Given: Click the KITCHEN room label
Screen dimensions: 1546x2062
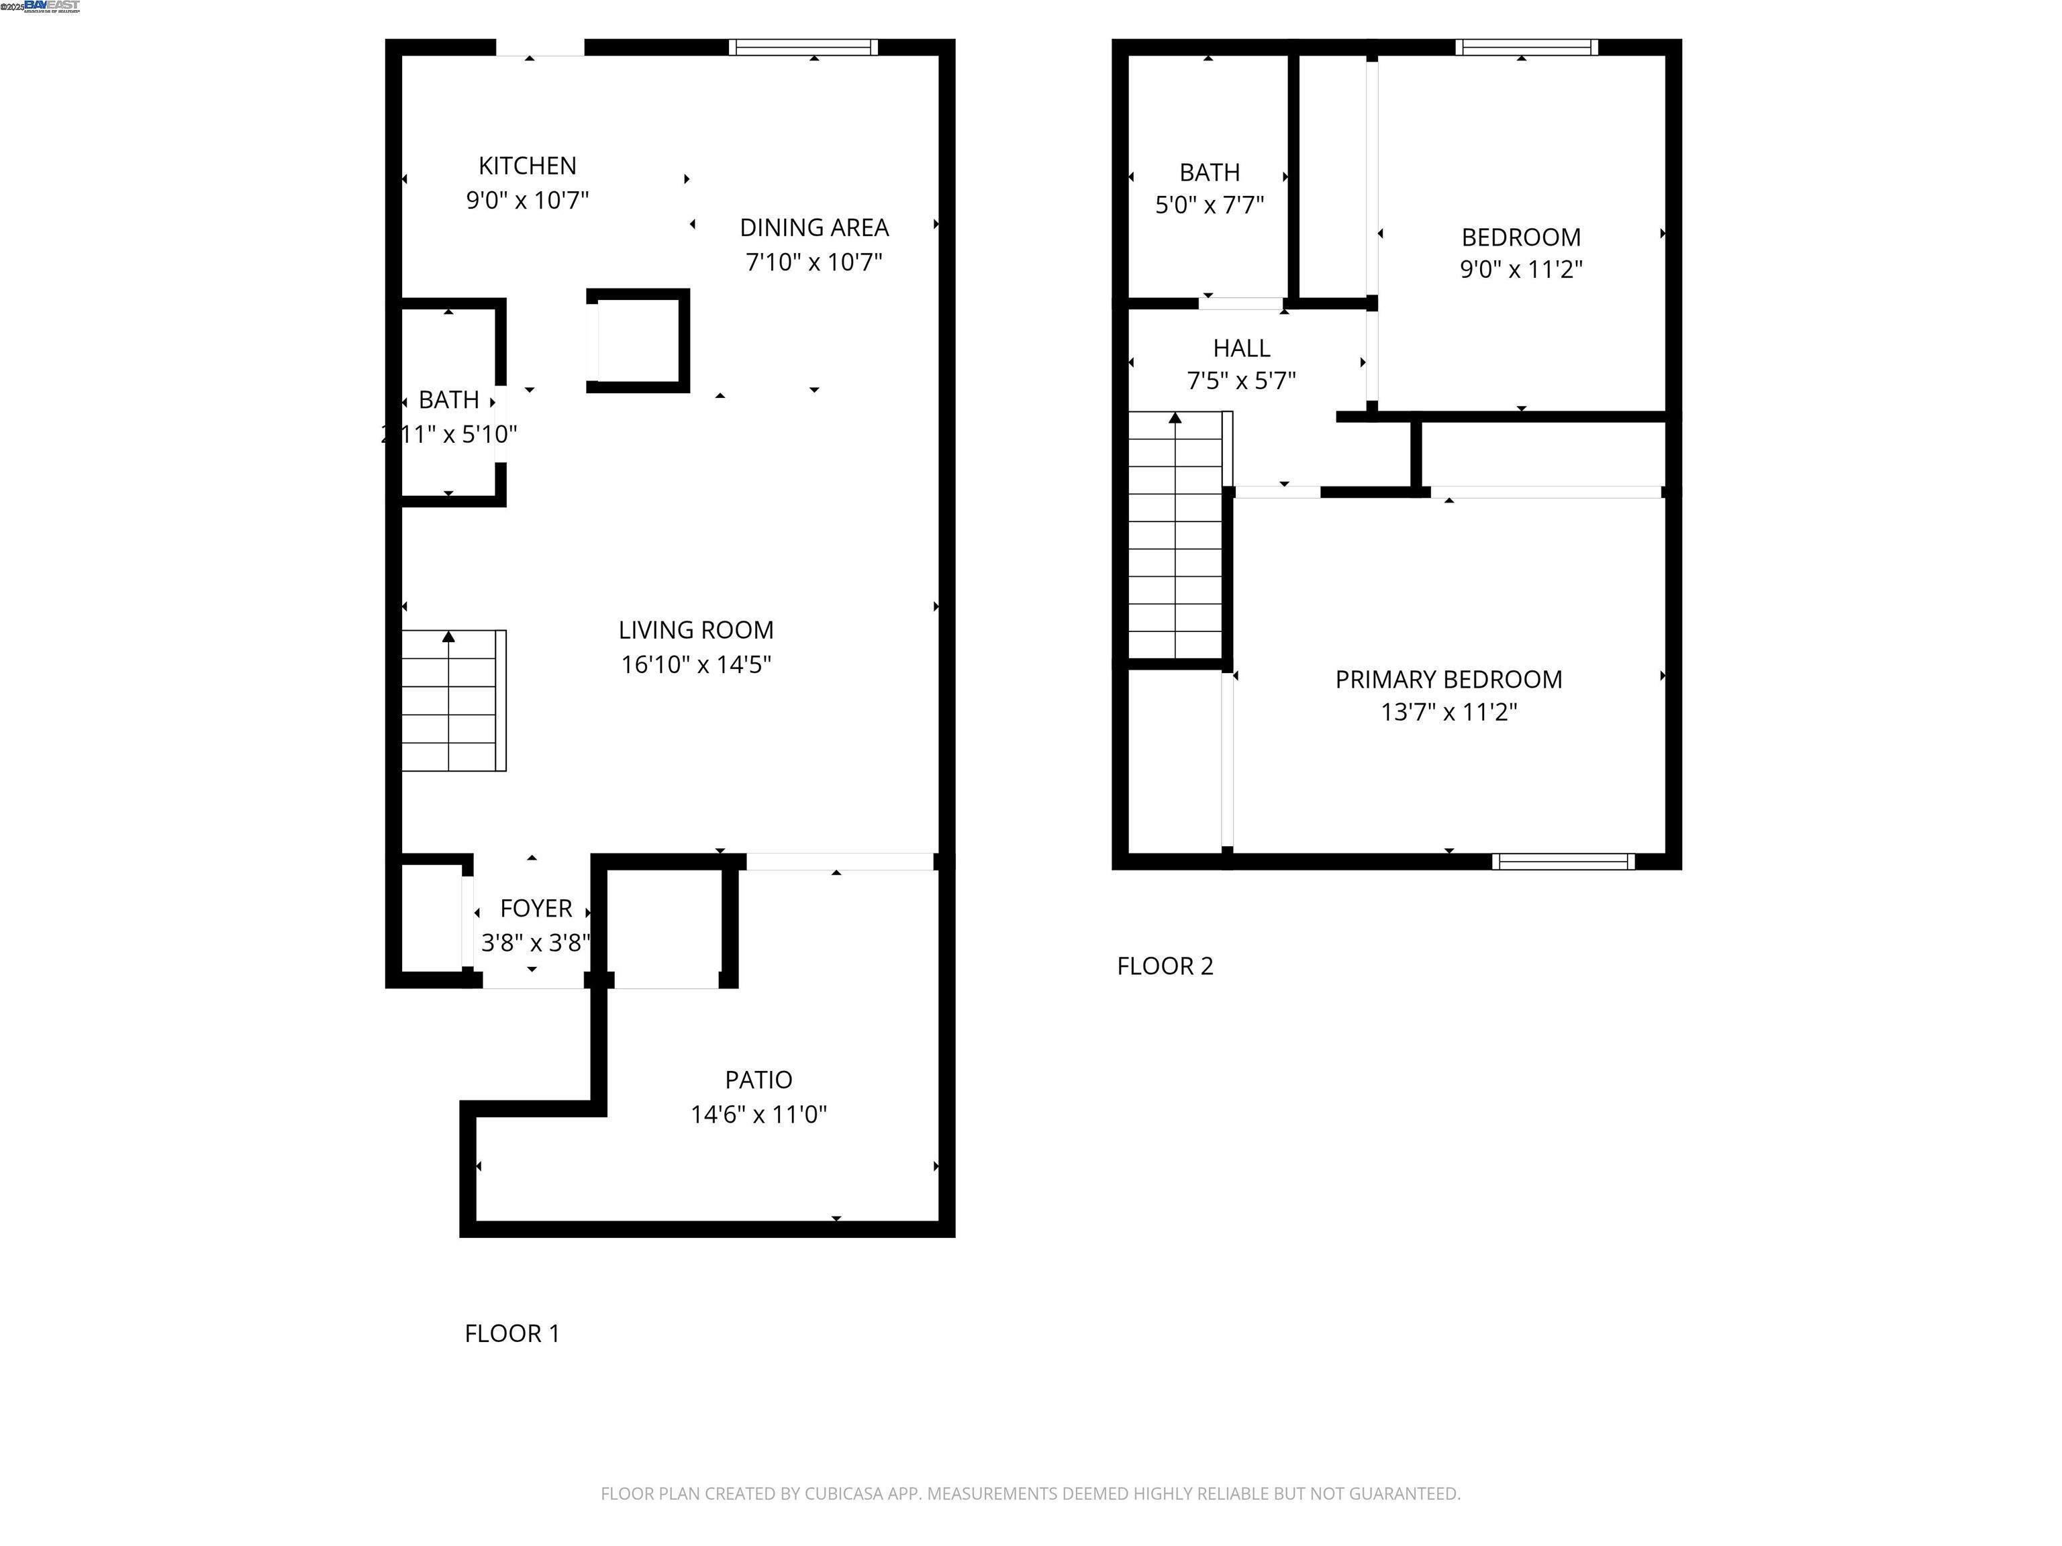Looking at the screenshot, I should click(527, 166).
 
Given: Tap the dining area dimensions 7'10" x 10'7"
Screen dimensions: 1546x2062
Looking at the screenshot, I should click(813, 262).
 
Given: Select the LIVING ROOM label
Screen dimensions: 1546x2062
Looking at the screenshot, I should click(695, 630).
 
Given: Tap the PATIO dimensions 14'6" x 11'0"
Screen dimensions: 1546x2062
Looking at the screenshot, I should click(758, 1115).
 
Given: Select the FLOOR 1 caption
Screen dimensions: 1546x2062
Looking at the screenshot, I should click(511, 1333).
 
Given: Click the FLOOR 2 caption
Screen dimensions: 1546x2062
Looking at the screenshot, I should click(1165, 966).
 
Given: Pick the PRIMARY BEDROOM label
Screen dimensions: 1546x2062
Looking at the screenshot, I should click(1448, 679).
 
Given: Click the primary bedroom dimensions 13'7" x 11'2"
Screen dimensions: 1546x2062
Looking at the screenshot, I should click(1448, 712).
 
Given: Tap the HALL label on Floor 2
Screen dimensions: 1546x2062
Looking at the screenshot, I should click(1240, 348).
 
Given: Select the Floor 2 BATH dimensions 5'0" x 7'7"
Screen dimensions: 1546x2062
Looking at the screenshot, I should click(1209, 205).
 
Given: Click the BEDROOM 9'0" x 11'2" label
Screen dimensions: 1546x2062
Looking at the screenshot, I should click(1520, 238).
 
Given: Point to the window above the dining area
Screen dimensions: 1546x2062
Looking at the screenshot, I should click(803, 46).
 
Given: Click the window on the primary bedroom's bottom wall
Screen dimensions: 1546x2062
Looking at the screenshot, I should click(1563, 861).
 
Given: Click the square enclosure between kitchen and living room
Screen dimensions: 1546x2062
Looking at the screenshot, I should click(638, 340).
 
